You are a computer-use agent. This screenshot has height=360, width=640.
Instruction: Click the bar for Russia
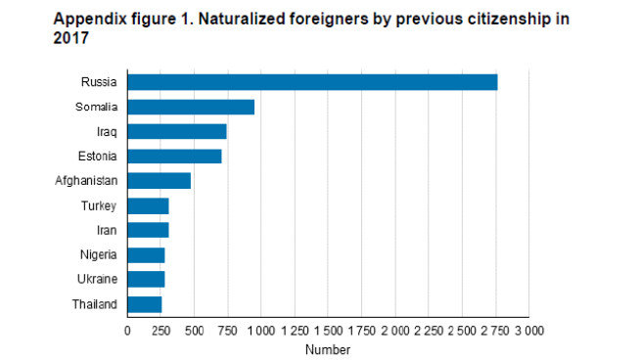312,82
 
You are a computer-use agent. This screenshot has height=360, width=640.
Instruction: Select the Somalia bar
191,107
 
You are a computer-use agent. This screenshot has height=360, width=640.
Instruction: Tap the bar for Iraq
177,131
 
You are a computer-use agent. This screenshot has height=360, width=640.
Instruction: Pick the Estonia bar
174,156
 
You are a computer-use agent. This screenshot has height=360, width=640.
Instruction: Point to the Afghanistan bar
159,181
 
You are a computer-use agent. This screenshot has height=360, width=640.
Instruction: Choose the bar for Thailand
145,304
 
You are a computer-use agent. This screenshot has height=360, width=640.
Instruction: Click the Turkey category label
100,205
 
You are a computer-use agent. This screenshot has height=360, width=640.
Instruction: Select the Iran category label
108,230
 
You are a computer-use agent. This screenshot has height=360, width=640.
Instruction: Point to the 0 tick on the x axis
127,331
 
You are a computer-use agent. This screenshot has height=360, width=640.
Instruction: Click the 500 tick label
194,331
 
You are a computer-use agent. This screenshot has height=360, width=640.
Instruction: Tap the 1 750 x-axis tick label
361,331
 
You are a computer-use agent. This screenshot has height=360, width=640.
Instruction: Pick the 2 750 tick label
495,331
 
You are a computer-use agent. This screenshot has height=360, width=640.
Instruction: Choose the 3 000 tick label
528,331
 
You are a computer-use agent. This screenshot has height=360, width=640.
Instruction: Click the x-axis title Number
327,349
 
